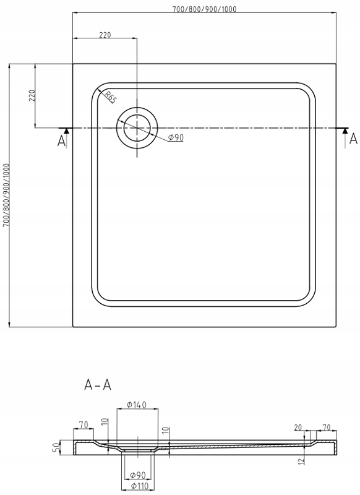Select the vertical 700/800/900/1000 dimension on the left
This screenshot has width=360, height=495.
pos(6,196)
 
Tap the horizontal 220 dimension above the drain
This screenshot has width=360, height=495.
pos(105,35)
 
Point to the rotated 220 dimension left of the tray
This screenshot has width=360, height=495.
pos(33,95)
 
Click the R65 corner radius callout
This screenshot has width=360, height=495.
pos(109,97)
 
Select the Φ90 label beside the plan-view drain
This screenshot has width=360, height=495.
pos(176,137)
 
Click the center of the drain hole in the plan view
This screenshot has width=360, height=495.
pos(137,128)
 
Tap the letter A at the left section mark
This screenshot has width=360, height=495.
pos(61,142)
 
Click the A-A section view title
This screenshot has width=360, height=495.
pos(98,385)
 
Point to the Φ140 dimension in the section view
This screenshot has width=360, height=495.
pos(136,405)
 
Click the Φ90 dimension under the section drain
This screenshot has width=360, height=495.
pos(138,475)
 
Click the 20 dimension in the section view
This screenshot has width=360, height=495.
pos(298,428)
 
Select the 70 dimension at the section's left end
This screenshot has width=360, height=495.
pos(84,424)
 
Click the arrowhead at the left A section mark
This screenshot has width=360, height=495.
pos(67,132)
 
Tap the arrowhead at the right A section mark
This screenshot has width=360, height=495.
pos(345,132)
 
